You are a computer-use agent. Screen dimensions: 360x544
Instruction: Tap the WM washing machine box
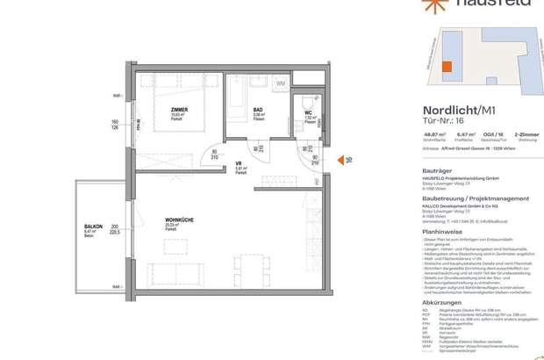point(281,83)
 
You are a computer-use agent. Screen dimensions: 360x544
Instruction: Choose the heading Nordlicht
point(427,110)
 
